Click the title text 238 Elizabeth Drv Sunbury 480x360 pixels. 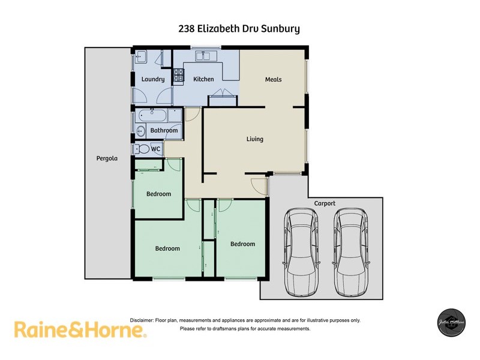coord(239,28)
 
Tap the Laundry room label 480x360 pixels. coord(153,79)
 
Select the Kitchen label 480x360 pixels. coord(203,79)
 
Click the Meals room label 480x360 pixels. coord(273,79)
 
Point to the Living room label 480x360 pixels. coord(255,139)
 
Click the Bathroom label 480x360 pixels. coord(164,130)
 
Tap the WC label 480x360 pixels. coord(155,149)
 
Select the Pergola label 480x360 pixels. coord(107,159)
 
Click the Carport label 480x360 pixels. coord(325,203)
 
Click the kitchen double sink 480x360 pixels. coord(206,57)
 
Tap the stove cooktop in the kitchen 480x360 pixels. coord(178,76)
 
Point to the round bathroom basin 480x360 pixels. coord(142,130)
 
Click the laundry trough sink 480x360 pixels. coord(142,57)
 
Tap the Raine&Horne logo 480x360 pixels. coord(80,329)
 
